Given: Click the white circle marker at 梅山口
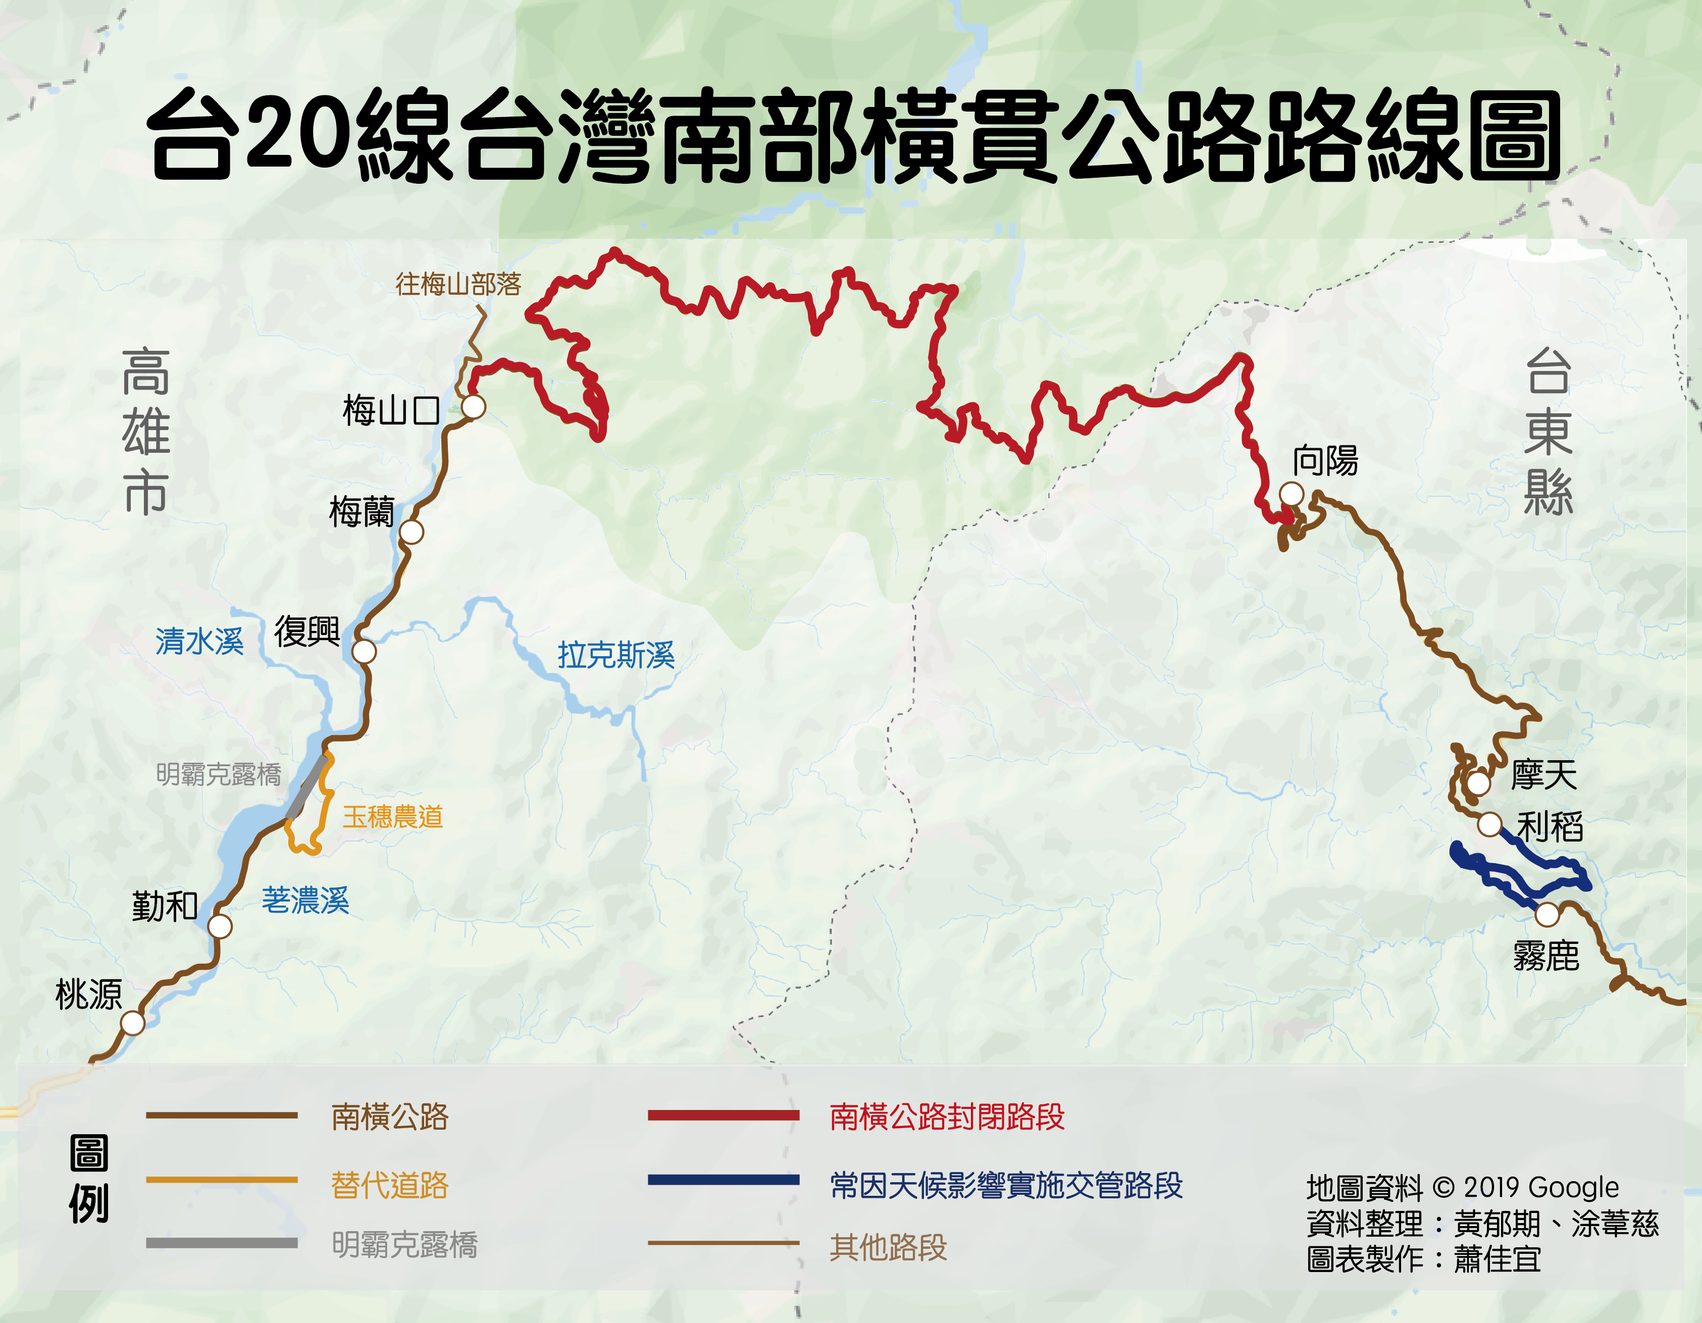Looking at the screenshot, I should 473,407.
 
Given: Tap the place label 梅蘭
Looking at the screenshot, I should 362,512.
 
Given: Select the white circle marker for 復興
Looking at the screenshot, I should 364,651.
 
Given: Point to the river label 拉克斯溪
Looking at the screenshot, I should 615,655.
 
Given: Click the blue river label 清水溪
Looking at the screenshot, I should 199,641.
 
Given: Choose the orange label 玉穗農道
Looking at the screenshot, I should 393,817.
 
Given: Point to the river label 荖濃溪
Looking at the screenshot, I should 305,901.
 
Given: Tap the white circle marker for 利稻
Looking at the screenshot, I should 1489,824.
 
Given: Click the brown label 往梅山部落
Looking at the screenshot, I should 458,284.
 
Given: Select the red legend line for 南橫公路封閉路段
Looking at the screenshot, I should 723,1116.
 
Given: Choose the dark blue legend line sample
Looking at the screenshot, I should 723,1180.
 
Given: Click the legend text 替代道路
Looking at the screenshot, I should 390,1185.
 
